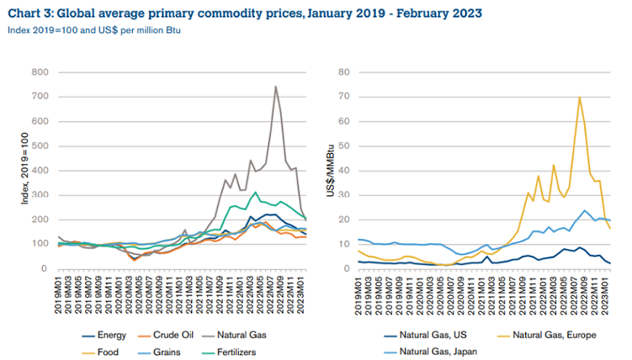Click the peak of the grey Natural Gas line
[275, 87]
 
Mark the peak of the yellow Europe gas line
[579, 97]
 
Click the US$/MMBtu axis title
[331, 170]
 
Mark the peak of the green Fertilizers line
[255, 193]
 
